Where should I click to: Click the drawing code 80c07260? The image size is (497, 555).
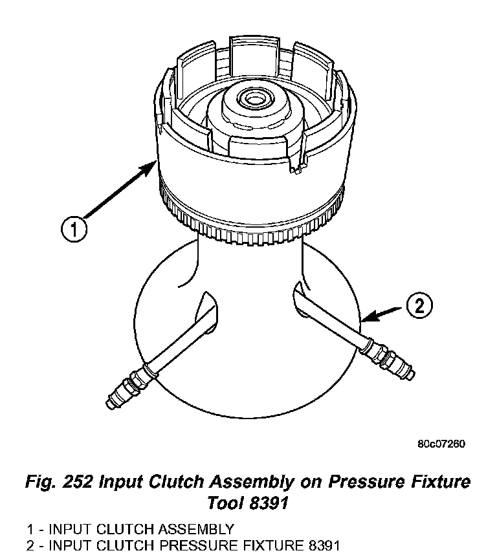point(441,444)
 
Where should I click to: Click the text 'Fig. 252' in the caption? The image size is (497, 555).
point(61,482)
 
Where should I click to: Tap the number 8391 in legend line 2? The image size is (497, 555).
point(321,545)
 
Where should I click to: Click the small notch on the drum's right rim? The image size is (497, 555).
point(296,169)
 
